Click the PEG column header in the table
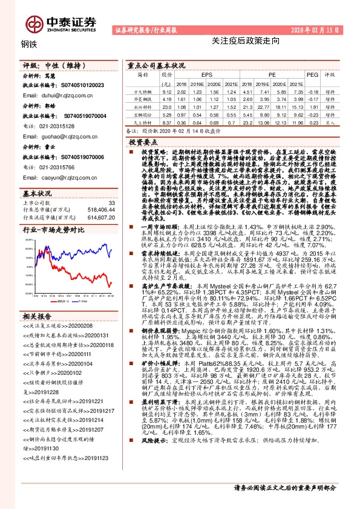tap(312, 75)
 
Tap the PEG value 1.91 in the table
tap(312, 106)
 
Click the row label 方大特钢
tap(143, 90)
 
